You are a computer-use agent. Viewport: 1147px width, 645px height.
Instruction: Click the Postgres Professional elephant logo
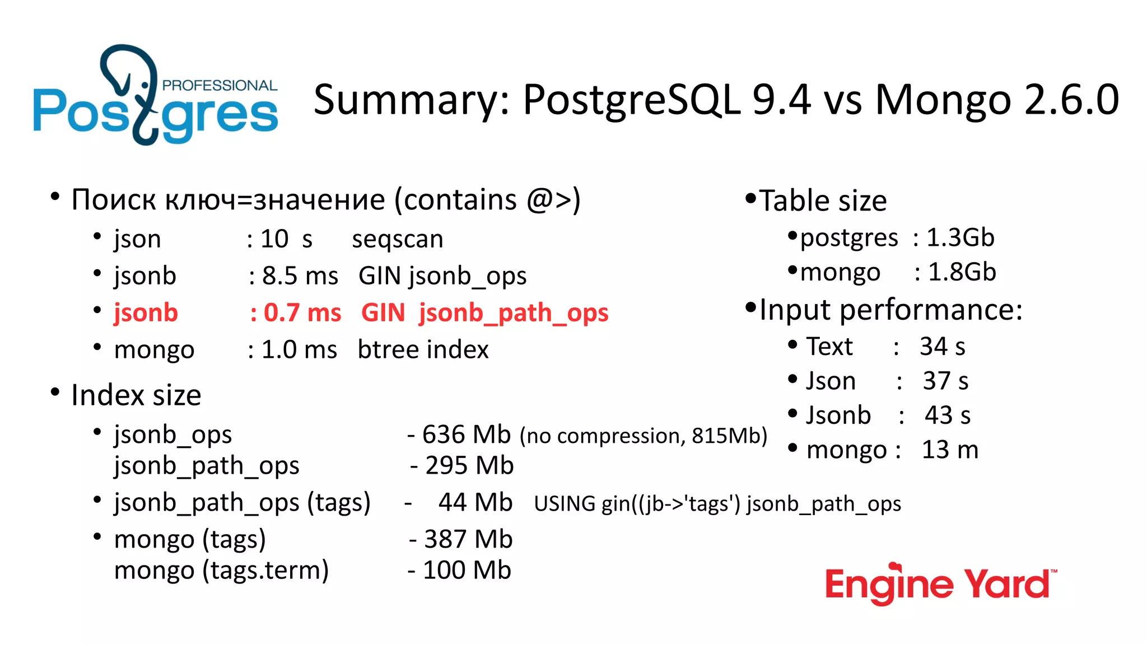tap(155, 95)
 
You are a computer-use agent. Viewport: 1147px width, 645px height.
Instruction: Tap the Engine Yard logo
tap(940, 584)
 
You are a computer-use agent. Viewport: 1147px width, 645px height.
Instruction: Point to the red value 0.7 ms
tap(302, 312)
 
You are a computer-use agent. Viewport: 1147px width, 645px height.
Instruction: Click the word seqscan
tap(397, 239)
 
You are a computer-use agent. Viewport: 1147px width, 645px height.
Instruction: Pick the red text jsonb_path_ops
tap(513, 312)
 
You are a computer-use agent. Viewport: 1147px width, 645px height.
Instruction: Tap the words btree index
tap(423, 349)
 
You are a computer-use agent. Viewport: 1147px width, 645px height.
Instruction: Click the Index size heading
tap(136, 395)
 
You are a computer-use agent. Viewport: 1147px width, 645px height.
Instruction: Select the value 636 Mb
tap(466, 434)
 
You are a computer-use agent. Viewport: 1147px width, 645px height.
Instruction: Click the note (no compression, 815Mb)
tap(643, 436)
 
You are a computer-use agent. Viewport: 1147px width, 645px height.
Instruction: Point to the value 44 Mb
tap(475, 502)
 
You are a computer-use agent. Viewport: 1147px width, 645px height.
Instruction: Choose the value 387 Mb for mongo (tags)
tap(468, 539)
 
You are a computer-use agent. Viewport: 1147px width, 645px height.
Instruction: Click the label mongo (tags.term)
tap(221, 571)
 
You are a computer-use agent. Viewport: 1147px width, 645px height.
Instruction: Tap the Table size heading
tap(822, 200)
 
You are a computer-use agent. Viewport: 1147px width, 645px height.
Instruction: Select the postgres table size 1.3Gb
tap(960, 237)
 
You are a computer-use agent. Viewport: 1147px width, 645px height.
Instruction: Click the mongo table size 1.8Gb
tap(962, 272)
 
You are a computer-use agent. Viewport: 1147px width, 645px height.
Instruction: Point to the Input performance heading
tap(890, 310)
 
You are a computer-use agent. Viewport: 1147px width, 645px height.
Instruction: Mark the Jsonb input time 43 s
tap(947, 415)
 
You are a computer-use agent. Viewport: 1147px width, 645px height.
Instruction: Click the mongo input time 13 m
tap(950, 450)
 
